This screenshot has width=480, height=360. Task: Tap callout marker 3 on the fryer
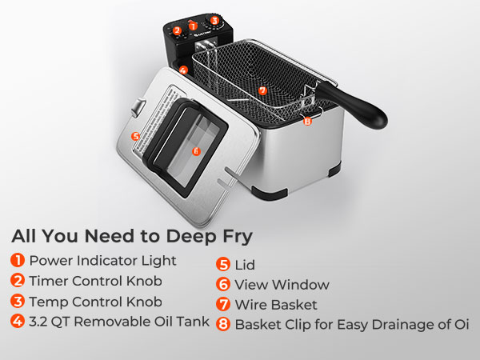click(214, 21)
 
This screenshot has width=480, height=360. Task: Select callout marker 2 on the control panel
click(177, 30)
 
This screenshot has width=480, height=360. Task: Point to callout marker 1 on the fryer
click(193, 26)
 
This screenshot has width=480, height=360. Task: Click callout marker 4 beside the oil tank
click(183, 70)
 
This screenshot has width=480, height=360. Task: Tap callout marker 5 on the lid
click(135, 136)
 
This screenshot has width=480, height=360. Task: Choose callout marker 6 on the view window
click(196, 151)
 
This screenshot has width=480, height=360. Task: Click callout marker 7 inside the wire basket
click(262, 90)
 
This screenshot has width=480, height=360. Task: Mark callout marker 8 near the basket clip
click(307, 122)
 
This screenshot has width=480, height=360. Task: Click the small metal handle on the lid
click(138, 107)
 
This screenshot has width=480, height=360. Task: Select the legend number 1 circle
click(18, 260)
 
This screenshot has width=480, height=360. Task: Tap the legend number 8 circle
click(223, 324)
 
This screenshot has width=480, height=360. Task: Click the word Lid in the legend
click(245, 265)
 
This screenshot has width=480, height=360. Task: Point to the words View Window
click(282, 285)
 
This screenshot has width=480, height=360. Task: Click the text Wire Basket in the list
click(276, 305)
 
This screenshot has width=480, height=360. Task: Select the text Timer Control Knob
click(95, 281)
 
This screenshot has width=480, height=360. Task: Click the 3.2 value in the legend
click(38, 322)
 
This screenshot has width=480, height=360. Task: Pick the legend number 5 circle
click(223, 265)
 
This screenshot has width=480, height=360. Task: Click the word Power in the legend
click(51, 261)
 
